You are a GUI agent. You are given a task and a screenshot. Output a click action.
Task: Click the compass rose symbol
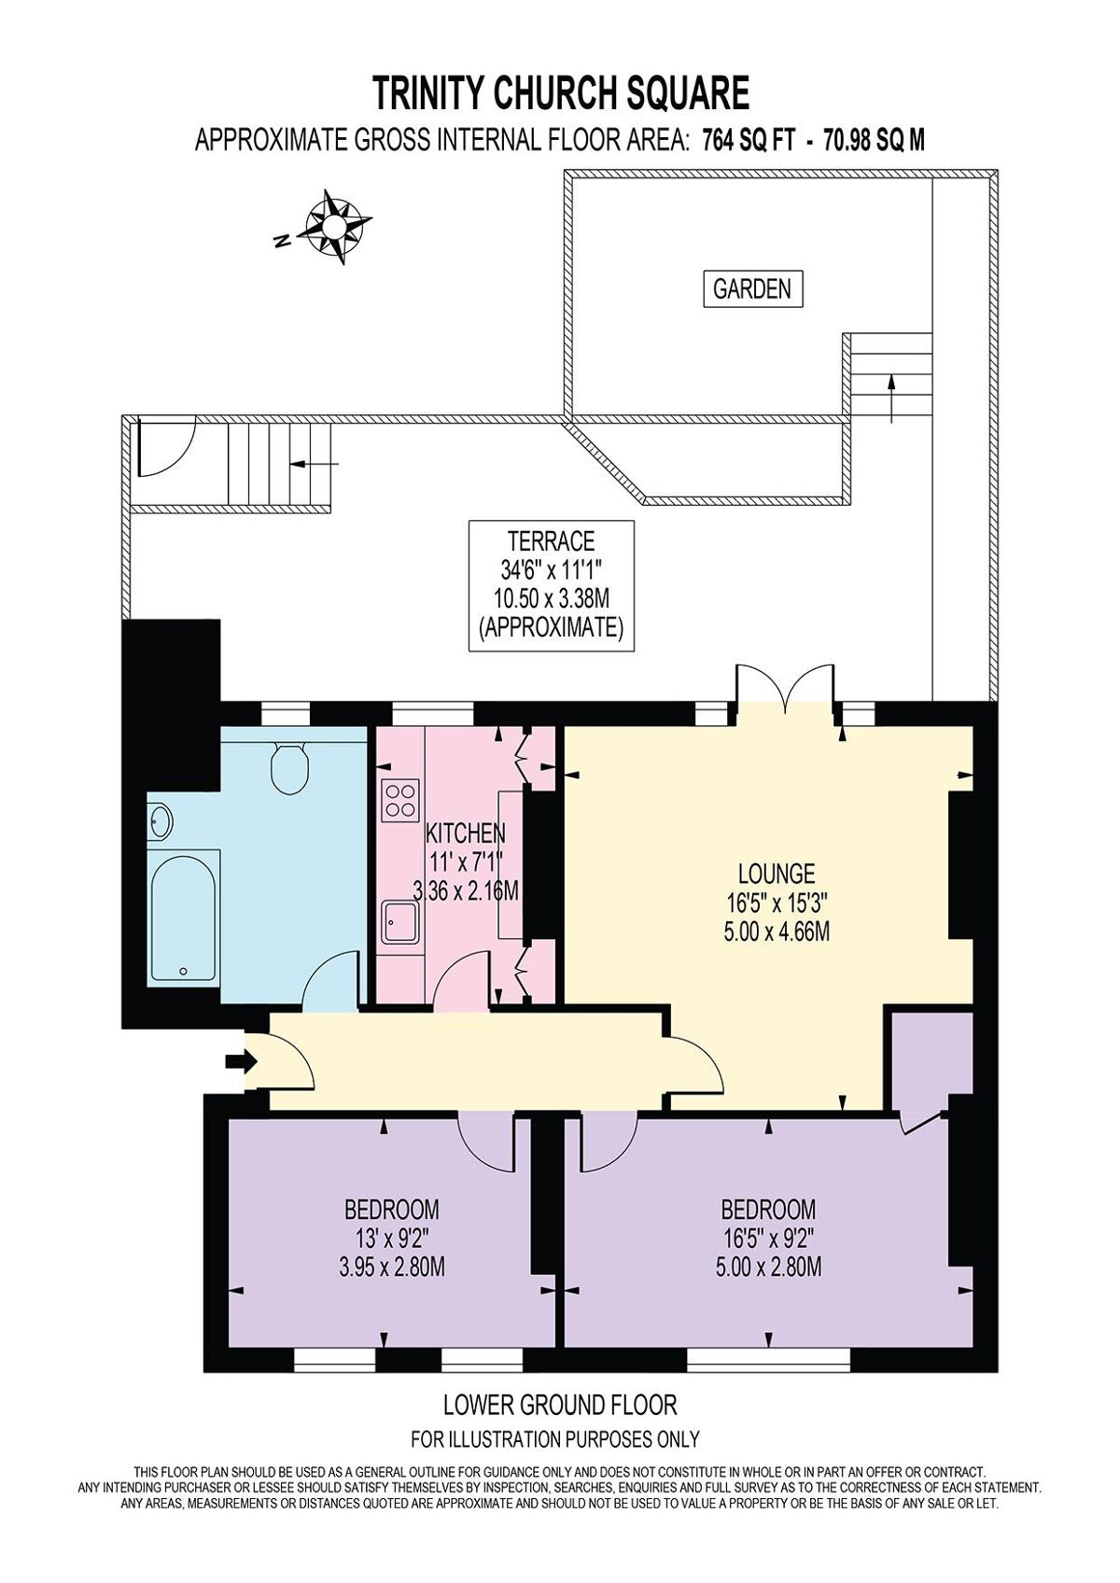pos(334,226)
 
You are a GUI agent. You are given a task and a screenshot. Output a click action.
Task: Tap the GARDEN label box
pos(752,289)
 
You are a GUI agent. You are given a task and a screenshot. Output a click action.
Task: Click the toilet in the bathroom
pos(290,767)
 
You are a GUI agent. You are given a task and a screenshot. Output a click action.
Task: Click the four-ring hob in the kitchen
pos(399,800)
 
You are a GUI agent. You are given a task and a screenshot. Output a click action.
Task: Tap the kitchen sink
pos(399,922)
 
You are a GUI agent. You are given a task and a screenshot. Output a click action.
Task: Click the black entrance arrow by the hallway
pos(241,1061)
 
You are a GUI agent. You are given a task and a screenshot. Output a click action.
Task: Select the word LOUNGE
pos(777,874)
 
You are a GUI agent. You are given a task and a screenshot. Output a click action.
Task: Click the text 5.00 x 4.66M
pos(777,932)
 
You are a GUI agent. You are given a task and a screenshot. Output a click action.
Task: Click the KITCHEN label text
pos(466,833)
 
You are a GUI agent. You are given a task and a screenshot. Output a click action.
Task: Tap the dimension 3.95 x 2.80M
pos(391,1268)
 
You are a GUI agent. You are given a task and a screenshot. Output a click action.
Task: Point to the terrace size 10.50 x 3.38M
pos(551,597)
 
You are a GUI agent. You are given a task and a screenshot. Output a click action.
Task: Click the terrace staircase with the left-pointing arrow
pos(280,463)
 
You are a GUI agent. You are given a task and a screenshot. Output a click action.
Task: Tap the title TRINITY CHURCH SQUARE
pos(561,93)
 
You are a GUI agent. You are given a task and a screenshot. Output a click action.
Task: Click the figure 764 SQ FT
pos(748,141)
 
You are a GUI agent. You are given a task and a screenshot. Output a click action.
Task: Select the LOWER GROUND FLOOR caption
pos(559,1404)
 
